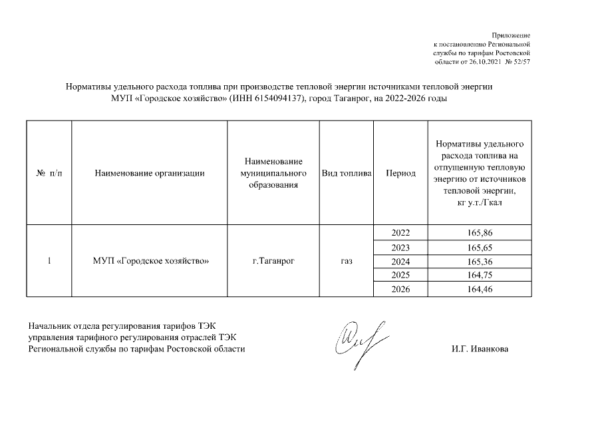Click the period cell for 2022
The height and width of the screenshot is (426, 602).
(401, 233)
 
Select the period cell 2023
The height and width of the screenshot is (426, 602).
(401, 247)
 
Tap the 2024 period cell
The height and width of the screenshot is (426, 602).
(401, 261)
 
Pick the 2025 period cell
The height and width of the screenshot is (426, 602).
(401, 275)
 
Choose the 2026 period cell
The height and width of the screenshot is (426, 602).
(401, 289)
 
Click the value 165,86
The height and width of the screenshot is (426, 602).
(480, 233)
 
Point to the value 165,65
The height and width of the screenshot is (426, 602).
(480, 247)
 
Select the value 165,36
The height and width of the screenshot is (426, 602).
(480, 261)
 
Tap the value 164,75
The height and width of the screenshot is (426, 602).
(480, 275)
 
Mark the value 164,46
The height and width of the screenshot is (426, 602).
(480, 289)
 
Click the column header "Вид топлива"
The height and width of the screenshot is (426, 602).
(346, 173)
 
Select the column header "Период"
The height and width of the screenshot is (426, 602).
(401, 173)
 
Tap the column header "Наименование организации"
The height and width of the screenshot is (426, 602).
(149, 173)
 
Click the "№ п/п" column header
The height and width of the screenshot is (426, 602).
(49, 173)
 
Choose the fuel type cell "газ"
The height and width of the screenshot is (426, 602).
(346, 261)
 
